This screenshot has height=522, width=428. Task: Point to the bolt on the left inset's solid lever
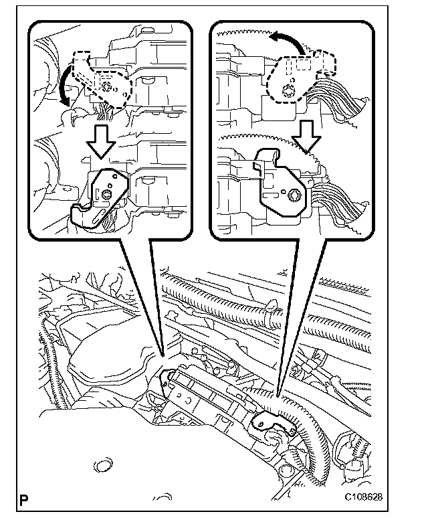point(107,194)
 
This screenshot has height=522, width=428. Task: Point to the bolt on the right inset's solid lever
point(293,195)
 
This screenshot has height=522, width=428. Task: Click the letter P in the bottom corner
point(25,499)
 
